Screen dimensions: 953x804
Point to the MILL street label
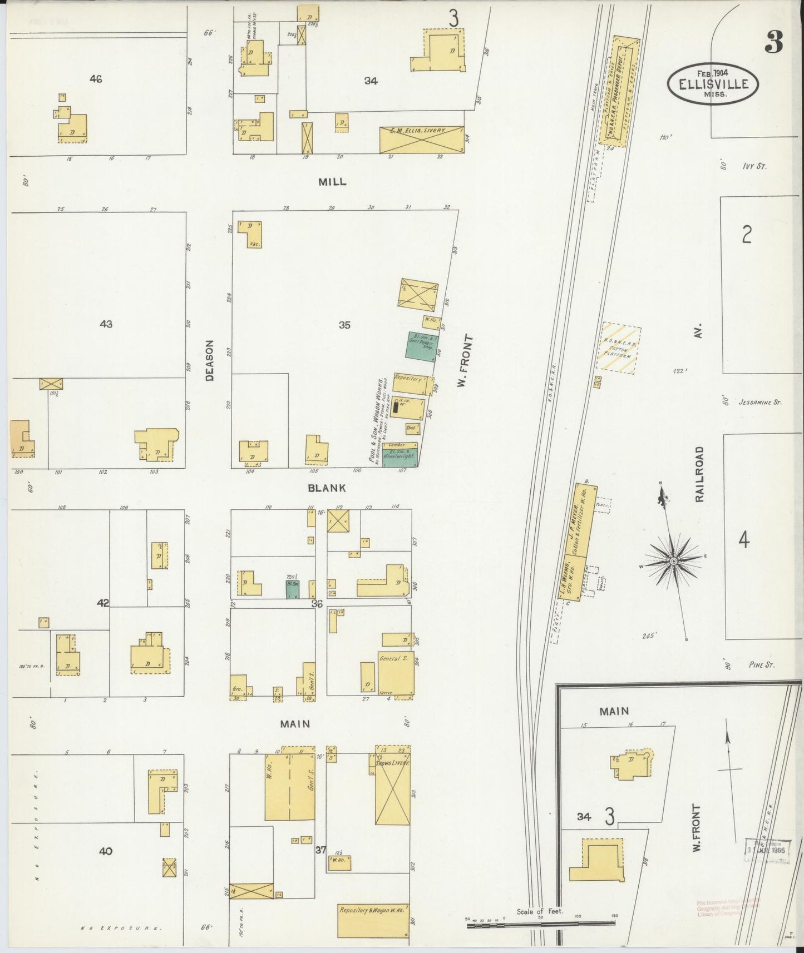332,182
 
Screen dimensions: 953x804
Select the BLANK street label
327,488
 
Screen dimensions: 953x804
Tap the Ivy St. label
754,166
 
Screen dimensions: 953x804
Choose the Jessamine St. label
759,402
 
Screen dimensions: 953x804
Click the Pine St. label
761,665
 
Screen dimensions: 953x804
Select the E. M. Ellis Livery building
422,140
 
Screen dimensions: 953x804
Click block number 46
96,80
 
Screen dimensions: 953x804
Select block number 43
106,324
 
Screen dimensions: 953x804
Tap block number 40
106,851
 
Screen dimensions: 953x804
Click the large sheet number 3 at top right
773,41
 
